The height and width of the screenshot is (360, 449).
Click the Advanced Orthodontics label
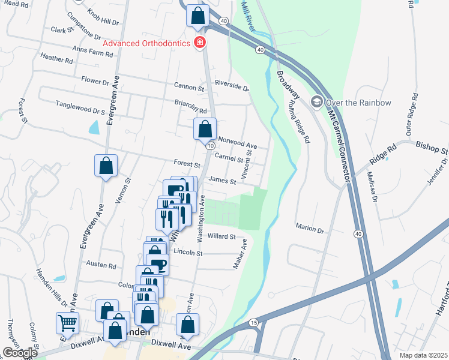tap(147, 43)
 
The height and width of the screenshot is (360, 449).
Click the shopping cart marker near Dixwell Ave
tap(67, 323)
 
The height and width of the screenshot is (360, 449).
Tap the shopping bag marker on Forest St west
tap(106, 166)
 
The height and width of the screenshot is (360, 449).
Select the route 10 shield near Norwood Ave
tap(209, 146)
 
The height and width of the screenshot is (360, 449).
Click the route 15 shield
tap(254, 323)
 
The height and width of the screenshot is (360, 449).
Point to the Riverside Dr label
tap(232, 85)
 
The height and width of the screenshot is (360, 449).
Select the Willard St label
tap(221, 236)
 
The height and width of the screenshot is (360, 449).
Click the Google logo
tap(20, 353)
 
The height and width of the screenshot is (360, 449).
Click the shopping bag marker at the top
tap(198, 16)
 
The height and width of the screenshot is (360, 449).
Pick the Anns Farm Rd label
tap(92, 52)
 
